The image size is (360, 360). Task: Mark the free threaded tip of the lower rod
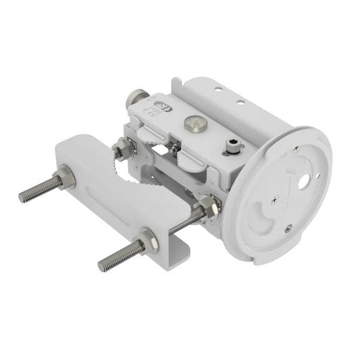103,264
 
